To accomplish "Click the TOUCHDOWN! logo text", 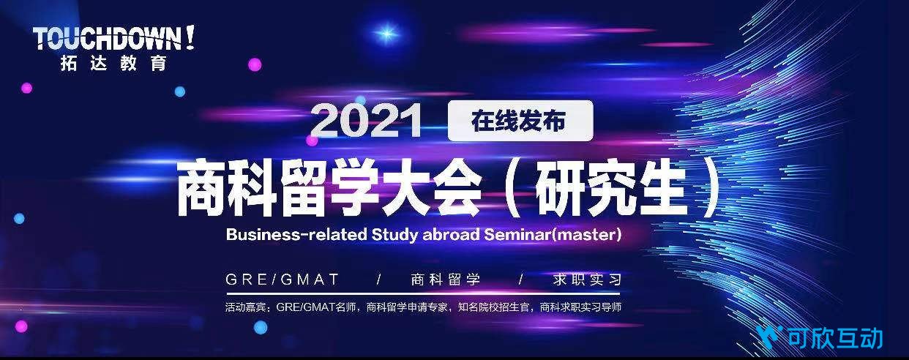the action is [113, 38].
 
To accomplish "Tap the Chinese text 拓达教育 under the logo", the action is [113, 64].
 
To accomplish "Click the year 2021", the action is [366, 121].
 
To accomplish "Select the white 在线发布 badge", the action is [520, 121].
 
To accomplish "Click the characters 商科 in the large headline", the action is [227, 190].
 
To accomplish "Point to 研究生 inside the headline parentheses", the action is [610, 190].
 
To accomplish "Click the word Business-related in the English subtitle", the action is [296, 235].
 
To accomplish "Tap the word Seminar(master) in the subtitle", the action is [553, 235].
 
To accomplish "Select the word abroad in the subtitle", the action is [452, 235].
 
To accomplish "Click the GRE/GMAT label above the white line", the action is [282, 280].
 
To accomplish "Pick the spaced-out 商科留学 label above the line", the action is [446, 280].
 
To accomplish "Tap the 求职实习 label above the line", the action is [587, 280].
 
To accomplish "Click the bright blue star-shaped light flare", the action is [386, 32].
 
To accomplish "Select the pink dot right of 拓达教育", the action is [255, 64].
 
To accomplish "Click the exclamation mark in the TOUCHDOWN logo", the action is [189, 37].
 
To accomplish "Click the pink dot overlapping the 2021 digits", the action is [312, 140].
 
